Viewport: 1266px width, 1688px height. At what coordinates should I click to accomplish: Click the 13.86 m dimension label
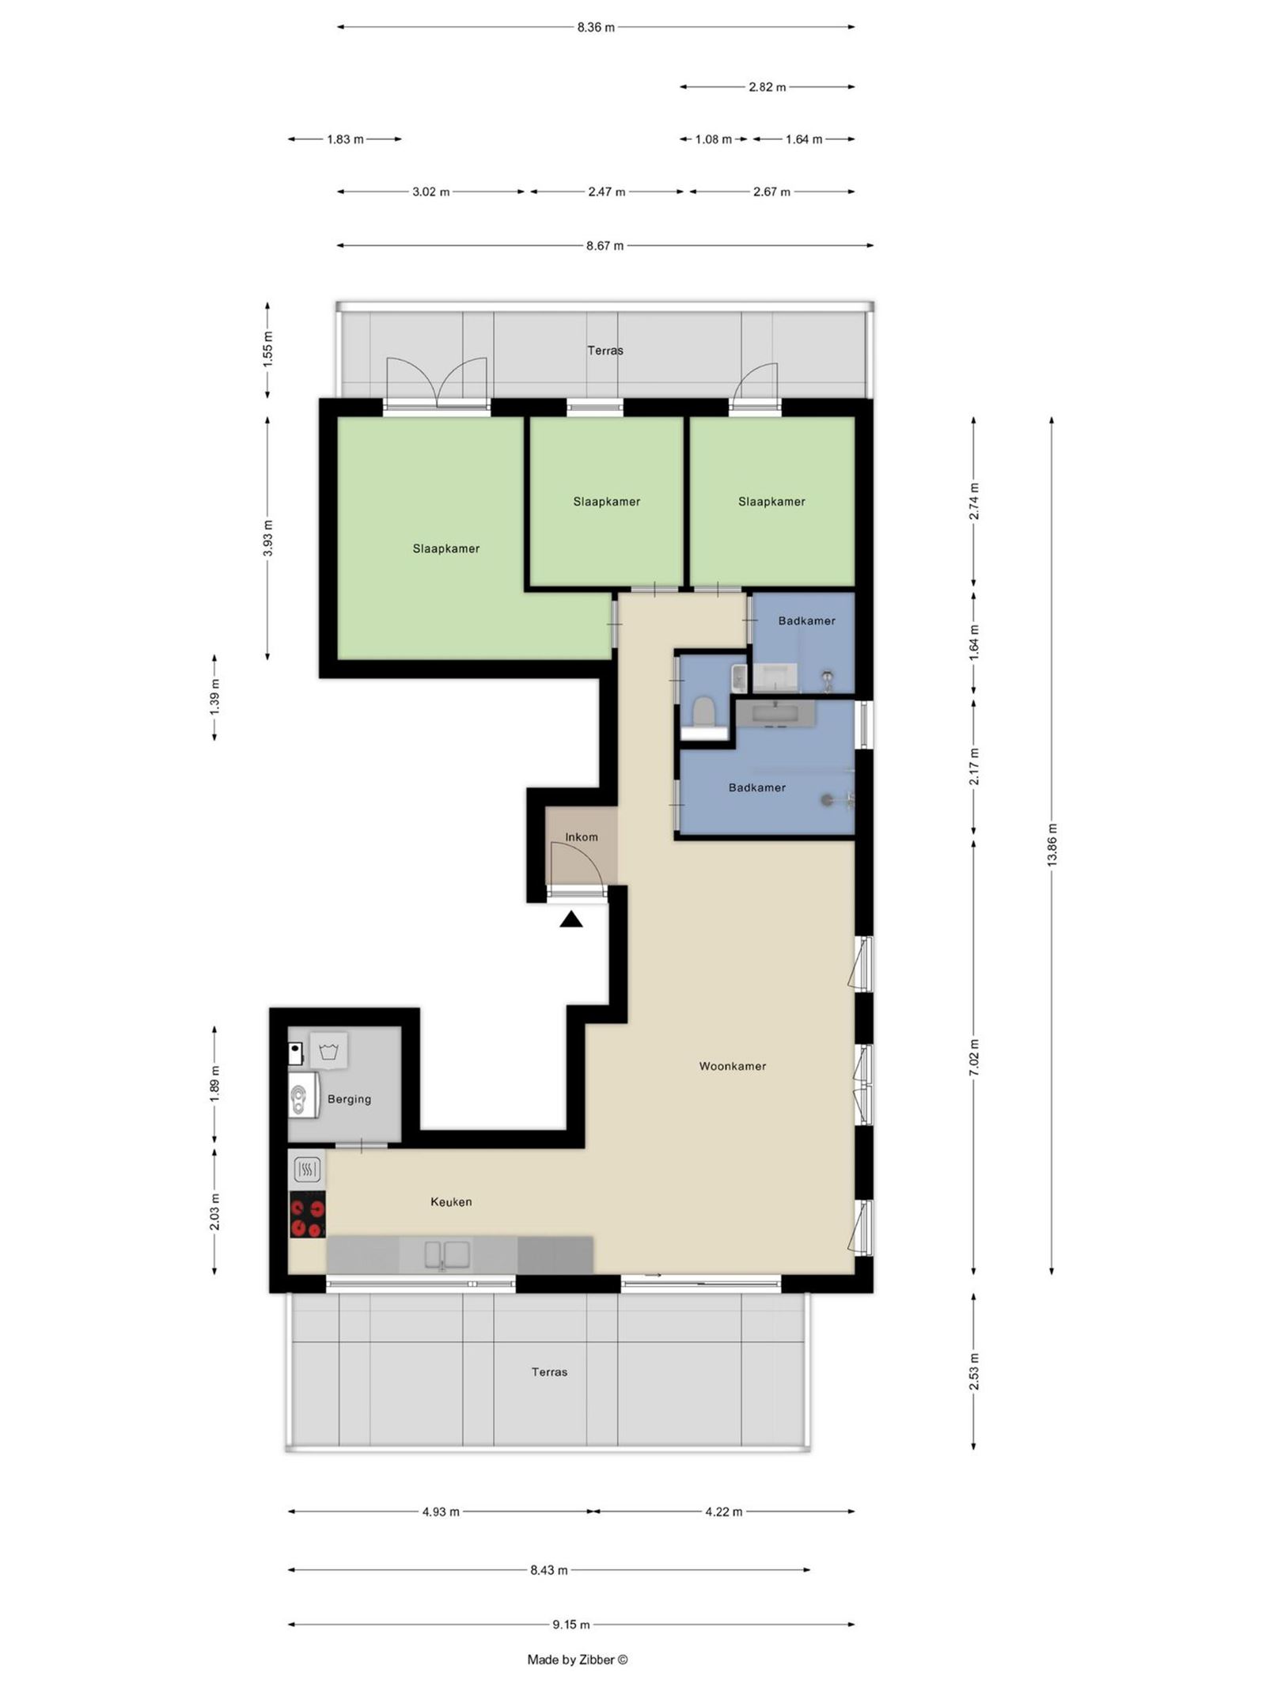pyautogui.click(x=1052, y=845)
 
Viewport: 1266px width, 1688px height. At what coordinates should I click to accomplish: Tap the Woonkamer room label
pyautogui.click(x=732, y=1066)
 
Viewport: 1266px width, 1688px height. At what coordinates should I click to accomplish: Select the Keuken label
pyautogui.click(x=451, y=1201)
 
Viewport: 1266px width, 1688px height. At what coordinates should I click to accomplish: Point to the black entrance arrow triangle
pyautogui.click(x=571, y=920)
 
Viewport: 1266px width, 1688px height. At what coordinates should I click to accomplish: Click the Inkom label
pyautogui.click(x=582, y=836)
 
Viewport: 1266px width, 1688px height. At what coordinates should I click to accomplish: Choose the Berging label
pyautogui.click(x=349, y=1098)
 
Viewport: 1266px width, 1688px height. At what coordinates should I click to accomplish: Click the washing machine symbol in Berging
pyautogui.click(x=328, y=1051)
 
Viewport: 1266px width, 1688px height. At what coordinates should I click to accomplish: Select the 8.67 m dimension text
pyautogui.click(x=605, y=245)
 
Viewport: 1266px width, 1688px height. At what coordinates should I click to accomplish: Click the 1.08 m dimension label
pyautogui.click(x=713, y=139)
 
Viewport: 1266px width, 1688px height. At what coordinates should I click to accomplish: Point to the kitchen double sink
pyautogui.click(x=446, y=1254)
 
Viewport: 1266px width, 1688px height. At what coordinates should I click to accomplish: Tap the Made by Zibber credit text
pyautogui.click(x=577, y=1660)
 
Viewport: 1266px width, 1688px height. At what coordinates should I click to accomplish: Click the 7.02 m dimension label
pyautogui.click(x=974, y=1057)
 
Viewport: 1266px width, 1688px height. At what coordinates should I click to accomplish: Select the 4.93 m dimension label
pyautogui.click(x=441, y=1512)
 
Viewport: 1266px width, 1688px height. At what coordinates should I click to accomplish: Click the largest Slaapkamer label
pyautogui.click(x=445, y=548)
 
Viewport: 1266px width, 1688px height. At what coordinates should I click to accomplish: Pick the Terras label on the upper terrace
pyautogui.click(x=605, y=350)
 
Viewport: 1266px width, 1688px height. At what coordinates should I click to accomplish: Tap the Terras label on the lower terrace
pyautogui.click(x=549, y=1371)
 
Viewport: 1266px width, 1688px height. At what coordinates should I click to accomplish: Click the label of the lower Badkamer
pyautogui.click(x=756, y=787)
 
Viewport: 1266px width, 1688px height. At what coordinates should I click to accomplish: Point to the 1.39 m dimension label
pyautogui.click(x=214, y=697)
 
